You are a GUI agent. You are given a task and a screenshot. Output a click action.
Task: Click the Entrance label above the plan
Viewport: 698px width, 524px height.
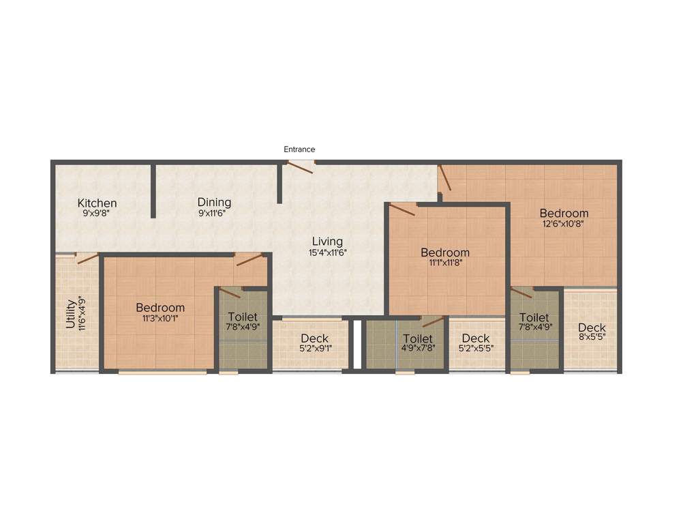tap(299, 149)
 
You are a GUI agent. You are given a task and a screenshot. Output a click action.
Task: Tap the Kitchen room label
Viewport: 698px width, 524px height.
tap(97, 203)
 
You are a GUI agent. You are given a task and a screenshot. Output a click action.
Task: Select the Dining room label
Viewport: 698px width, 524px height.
tap(214, 202)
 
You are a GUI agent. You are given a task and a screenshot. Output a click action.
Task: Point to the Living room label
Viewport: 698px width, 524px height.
tap(327, 242)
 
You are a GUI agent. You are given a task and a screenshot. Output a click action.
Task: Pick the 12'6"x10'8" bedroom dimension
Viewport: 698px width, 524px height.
tap(563, 223)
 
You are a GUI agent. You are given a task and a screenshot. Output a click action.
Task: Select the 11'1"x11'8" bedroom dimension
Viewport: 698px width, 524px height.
tap(444, 263)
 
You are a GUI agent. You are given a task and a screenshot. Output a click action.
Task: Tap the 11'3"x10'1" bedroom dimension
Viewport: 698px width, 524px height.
tap(160, 317)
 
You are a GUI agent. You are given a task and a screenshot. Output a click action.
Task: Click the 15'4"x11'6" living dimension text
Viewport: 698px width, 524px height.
tap(327, 252)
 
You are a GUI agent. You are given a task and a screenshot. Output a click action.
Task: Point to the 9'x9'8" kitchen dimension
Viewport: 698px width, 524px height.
tap(96, 213)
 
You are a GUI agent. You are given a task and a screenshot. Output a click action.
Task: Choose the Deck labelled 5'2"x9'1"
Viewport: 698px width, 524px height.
tap(314, 338)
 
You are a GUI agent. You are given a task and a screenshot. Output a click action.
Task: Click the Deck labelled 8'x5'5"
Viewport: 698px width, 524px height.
tap(592, 327)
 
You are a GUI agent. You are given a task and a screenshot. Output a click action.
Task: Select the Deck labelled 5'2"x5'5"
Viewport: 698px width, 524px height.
tap(475, 338)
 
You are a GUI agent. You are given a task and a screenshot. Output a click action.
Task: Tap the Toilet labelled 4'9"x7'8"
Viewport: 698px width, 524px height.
tap(418, 338)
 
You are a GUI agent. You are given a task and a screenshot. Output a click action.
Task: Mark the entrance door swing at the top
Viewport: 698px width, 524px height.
tap(301, 166)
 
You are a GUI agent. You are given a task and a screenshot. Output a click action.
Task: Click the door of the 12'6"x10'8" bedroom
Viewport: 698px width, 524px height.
tap(444, 177)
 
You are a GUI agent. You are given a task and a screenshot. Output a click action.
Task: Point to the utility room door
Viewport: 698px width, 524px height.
tap(87, 258)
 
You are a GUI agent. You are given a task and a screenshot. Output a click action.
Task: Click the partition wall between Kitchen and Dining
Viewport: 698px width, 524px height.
tap(153, 190)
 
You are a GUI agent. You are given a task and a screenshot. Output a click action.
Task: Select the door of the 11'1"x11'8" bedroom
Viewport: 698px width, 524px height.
tap(403, 209)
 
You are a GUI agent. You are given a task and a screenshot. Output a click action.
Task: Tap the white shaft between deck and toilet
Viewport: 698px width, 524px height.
tap(356, 344)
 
